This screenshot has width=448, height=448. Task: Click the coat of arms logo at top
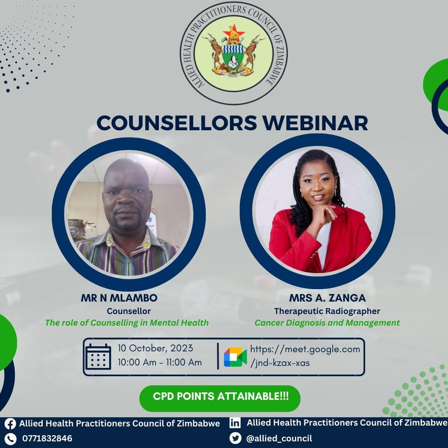coord(234,53)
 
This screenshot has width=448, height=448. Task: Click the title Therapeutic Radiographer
coord(327,311)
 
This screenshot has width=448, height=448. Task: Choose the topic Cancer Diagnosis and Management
coord(327,323)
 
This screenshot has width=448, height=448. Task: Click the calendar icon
coord(98,356)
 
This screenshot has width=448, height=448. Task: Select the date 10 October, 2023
coord(155,349)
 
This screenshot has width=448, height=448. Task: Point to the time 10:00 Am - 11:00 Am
coord(159,363)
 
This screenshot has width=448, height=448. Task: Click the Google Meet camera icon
coord(235,357)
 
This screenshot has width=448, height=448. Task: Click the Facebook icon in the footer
coord(10,424)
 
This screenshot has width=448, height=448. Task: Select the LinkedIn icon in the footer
coord(235,423)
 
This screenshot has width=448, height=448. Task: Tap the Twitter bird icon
coord(235,438)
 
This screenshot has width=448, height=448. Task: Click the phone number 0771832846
coord(47,438)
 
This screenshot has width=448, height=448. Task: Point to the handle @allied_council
coord(278,438)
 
